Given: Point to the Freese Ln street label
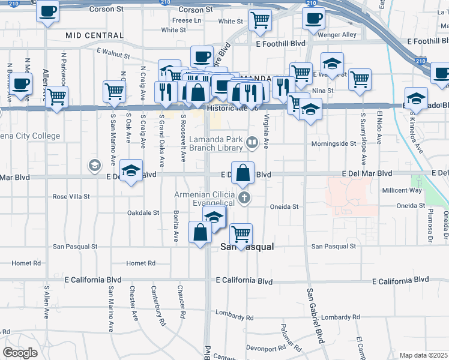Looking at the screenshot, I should (187, 20).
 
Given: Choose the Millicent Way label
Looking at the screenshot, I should (402, 190).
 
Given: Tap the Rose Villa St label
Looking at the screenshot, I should (71, 196).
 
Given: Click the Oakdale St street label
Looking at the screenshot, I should (143, 212).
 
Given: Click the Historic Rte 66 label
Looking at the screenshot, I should (232, 108).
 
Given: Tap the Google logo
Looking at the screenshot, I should (20, 353).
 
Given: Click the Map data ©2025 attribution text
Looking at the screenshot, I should (424, 355).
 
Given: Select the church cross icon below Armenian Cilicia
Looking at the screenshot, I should (243, 197).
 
